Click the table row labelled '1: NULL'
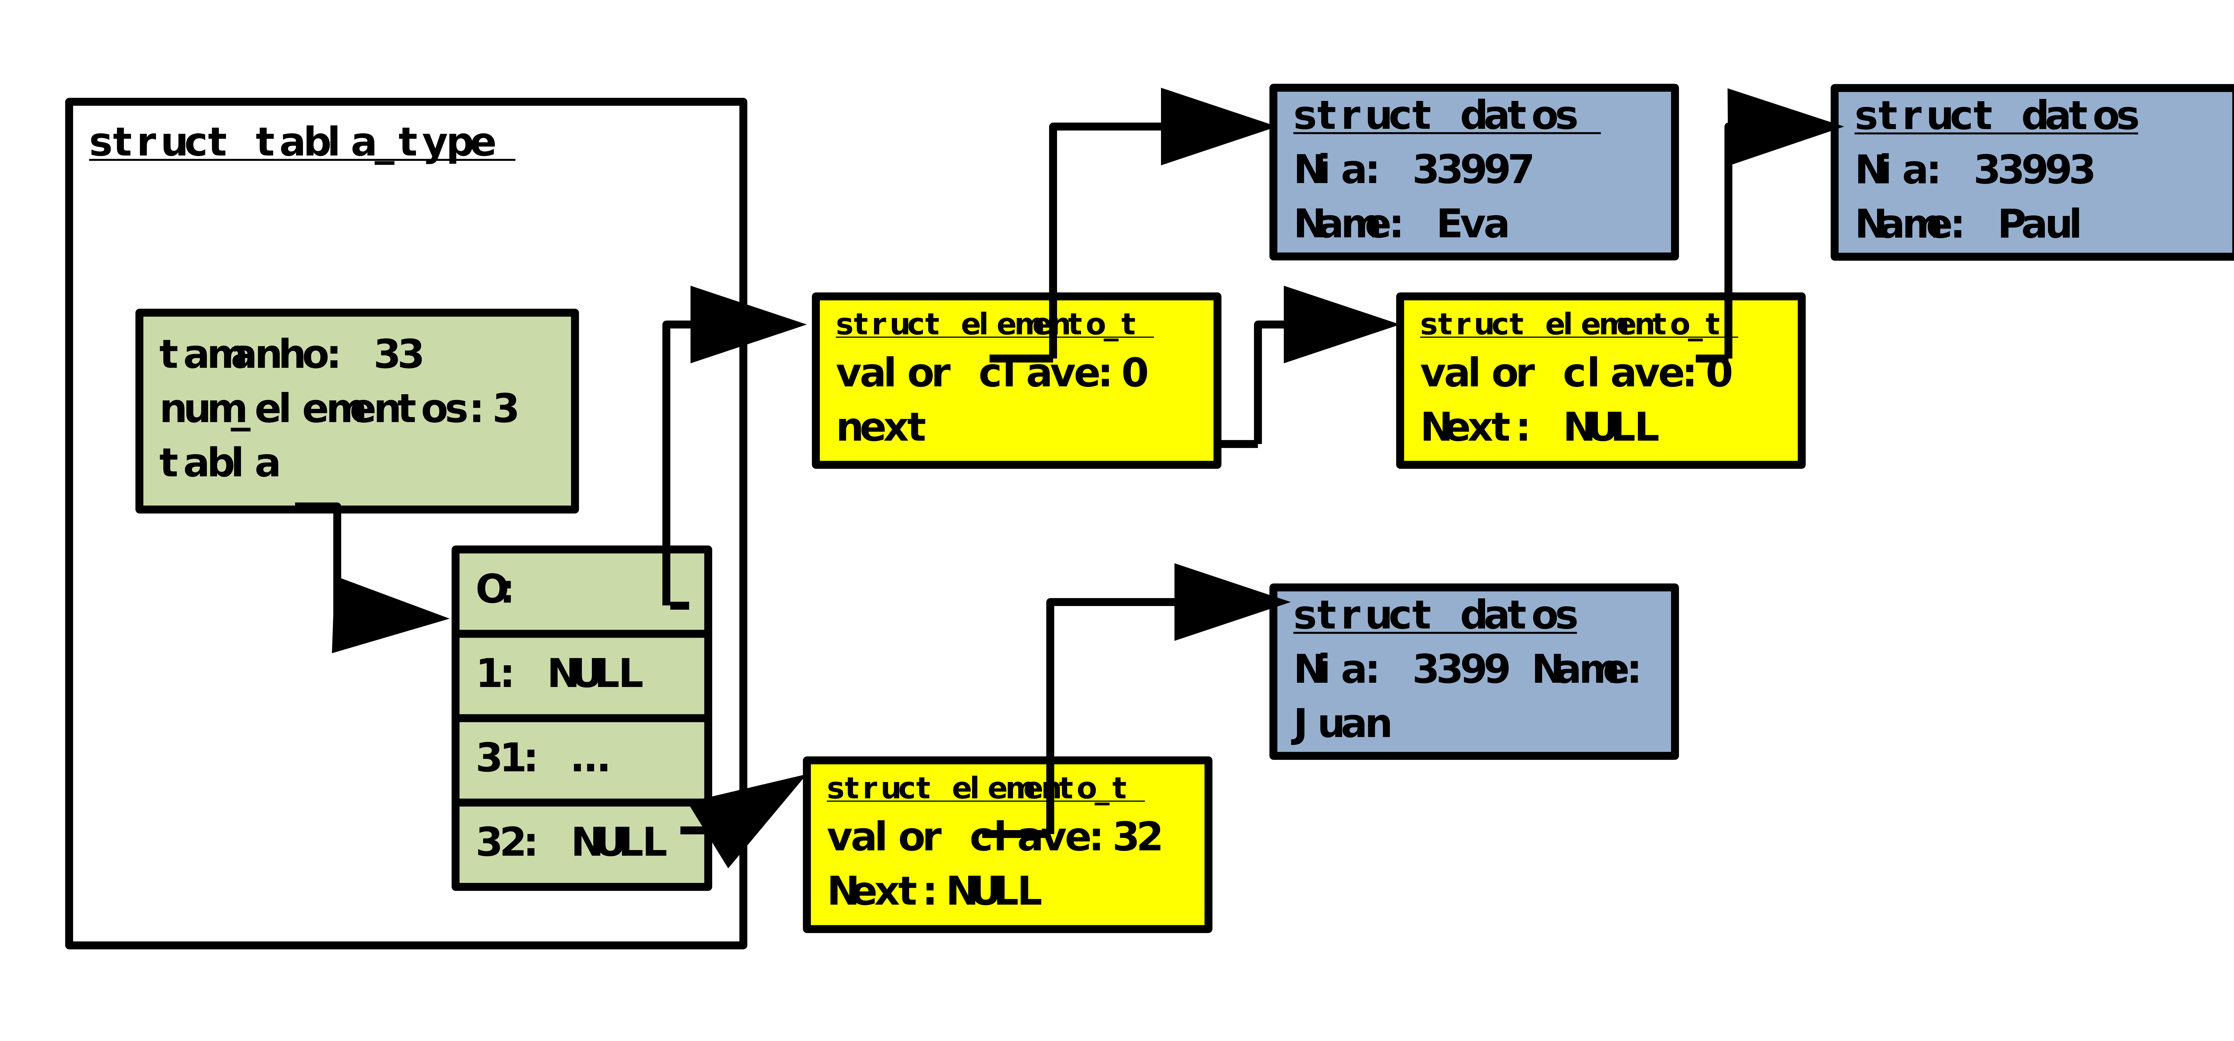581,674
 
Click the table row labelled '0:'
581,590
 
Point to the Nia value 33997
1473,170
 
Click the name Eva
1473,225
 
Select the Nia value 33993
2034,170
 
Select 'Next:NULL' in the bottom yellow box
934,892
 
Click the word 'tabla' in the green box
219,464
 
